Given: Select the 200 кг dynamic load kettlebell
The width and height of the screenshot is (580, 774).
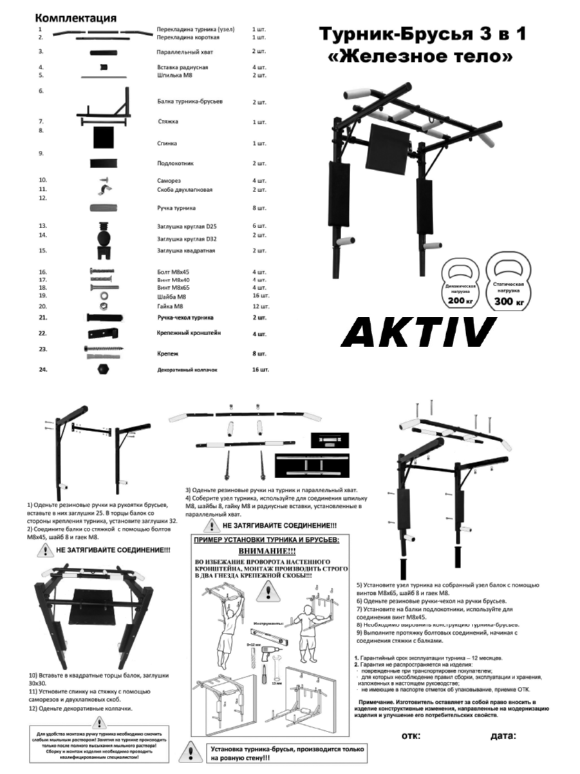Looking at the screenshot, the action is tap(458, 287).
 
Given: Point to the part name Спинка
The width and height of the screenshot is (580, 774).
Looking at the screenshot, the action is tap(167, 143).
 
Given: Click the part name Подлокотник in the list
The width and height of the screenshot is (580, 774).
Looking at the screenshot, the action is tap(175, 164).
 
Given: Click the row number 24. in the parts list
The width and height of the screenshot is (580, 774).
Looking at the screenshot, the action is tap(44, 369).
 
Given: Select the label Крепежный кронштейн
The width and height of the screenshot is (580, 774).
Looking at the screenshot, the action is tap(189, 333).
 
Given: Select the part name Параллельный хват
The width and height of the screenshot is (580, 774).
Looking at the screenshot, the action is tap(184, 51).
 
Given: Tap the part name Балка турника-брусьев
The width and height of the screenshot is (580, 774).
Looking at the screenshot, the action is tap(190, 102).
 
